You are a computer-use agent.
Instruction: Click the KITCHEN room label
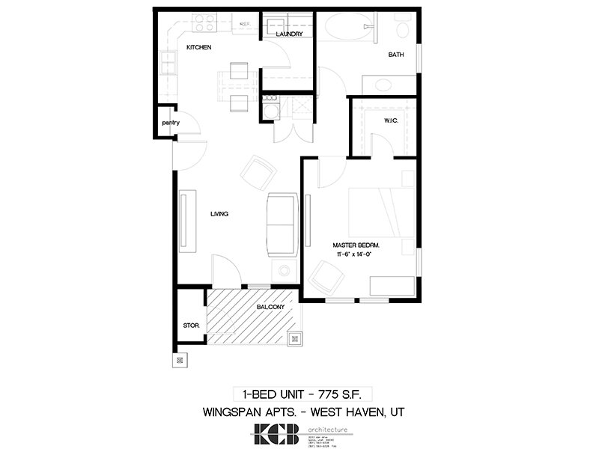click(x=199, y=48)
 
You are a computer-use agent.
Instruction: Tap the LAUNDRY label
click(x=289, y=34)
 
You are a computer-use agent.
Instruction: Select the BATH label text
click(x=396, y=55)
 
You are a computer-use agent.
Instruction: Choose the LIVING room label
click(x=219, y=215)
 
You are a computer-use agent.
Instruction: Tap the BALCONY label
click(x=270, y=307)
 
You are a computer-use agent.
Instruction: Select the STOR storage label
click(x=190, y=326)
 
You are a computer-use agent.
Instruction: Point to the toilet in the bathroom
click(x=402, y=29)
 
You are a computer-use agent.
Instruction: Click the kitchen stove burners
click(x=204, y=25)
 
